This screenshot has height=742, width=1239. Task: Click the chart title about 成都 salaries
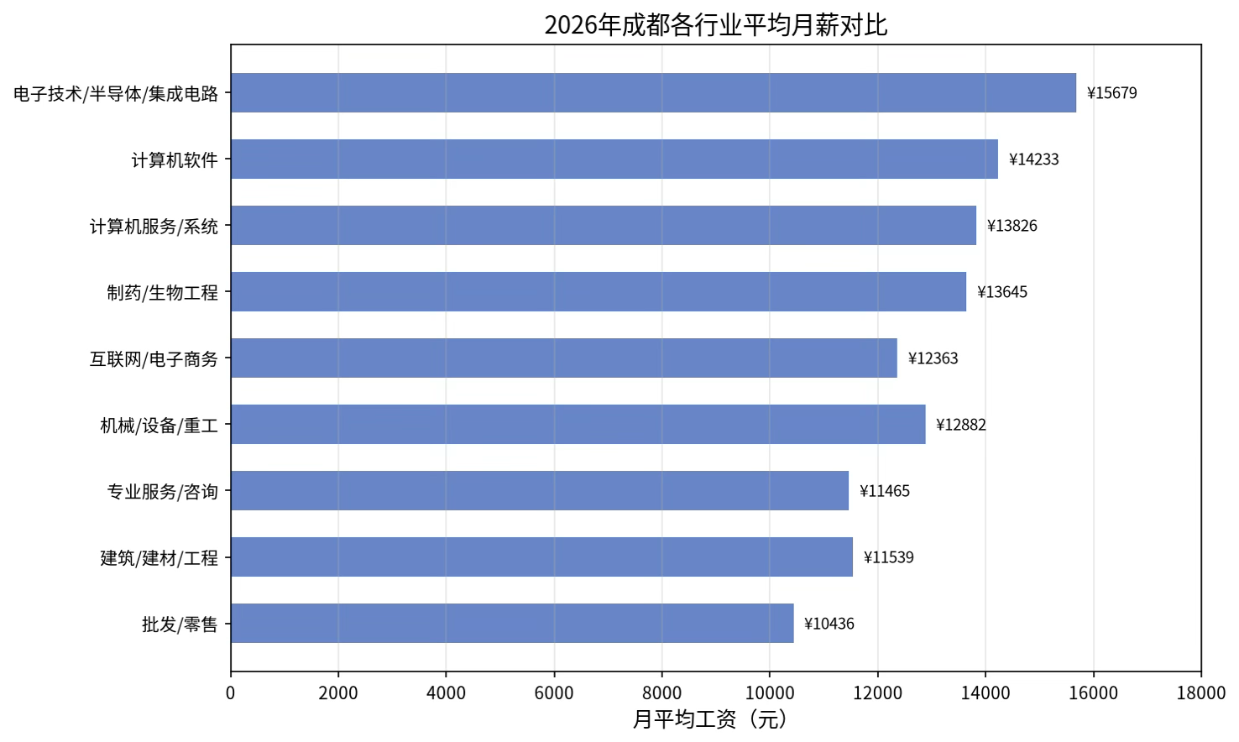[716, 25]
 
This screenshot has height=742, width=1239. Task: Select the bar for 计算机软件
[614, 159]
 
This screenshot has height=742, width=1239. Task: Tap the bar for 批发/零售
[512, 623]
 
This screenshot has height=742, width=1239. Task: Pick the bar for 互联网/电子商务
[564, 358]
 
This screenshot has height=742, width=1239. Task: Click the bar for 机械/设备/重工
[578, 424]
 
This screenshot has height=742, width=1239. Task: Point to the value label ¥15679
[1111, 93]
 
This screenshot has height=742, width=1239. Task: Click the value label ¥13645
[1002, 292]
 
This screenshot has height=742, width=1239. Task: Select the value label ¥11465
[885, 491]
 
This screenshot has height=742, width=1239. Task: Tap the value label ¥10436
[829, 624]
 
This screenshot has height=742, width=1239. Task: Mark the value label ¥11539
[888, 557]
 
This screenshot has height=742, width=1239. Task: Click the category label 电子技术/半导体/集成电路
[116, 93]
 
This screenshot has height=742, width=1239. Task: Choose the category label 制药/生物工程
[163, 292]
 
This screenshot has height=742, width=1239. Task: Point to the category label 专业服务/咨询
[163, 492]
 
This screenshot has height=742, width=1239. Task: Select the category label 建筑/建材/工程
[159, 558]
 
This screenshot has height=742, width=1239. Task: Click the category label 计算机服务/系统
[154, 226]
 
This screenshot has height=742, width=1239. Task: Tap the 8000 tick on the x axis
[662, 692]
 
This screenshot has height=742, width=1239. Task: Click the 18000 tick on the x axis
[1201, 692]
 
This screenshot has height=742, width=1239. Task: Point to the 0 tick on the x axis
[231, 692]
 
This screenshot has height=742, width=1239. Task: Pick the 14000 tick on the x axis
[985, 692]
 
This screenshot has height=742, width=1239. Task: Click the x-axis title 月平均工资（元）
[710, 719]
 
